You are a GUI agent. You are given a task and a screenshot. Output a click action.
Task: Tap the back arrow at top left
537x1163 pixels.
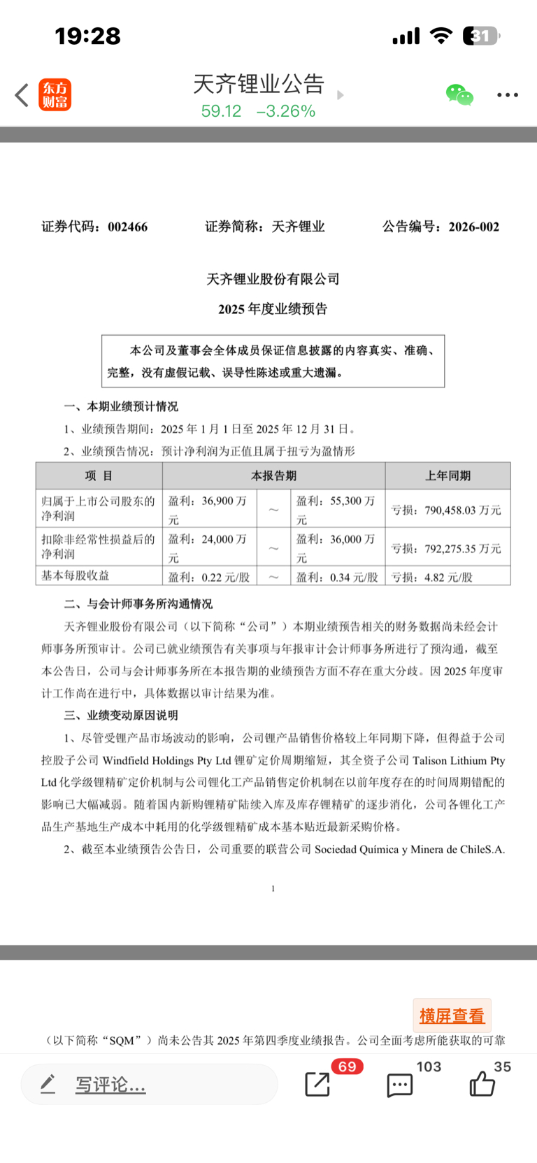point(22,95)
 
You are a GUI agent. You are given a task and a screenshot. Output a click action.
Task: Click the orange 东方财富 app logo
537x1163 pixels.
point(55,95)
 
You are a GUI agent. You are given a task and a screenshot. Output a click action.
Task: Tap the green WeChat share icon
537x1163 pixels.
point(459,95)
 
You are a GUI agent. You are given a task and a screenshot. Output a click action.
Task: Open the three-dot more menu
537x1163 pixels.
point(508,95)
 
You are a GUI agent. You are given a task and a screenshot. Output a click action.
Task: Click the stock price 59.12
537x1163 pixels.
point(221,111)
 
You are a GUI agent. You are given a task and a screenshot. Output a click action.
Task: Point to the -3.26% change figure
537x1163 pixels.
point(286,111)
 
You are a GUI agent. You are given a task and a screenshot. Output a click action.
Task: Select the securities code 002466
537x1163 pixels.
point(127,227)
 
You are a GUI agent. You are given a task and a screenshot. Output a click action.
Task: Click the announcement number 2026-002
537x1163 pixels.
point(474,227)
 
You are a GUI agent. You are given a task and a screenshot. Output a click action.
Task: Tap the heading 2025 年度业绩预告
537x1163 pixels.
point(273,309)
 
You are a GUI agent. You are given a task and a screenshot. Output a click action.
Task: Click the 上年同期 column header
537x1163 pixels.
point(447,476)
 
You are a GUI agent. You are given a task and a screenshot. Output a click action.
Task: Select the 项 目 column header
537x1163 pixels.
point(99,476)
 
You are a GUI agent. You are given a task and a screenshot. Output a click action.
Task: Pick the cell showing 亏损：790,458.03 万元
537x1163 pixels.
point(447,510)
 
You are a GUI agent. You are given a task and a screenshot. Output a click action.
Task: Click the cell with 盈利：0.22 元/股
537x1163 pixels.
point(209,577)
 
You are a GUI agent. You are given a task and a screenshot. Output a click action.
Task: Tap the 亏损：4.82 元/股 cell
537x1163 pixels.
point(432,577)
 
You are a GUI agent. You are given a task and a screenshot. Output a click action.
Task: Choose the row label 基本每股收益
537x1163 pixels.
point(76,576)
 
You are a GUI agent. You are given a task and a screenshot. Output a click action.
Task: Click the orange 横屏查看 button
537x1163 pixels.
point(452,1015)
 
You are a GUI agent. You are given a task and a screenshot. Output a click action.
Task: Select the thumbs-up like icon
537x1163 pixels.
point(482,1085)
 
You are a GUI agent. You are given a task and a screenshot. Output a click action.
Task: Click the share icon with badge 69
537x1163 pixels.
point(317,1084)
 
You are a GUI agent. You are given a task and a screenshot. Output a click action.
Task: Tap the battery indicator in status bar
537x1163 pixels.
point(481,36)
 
